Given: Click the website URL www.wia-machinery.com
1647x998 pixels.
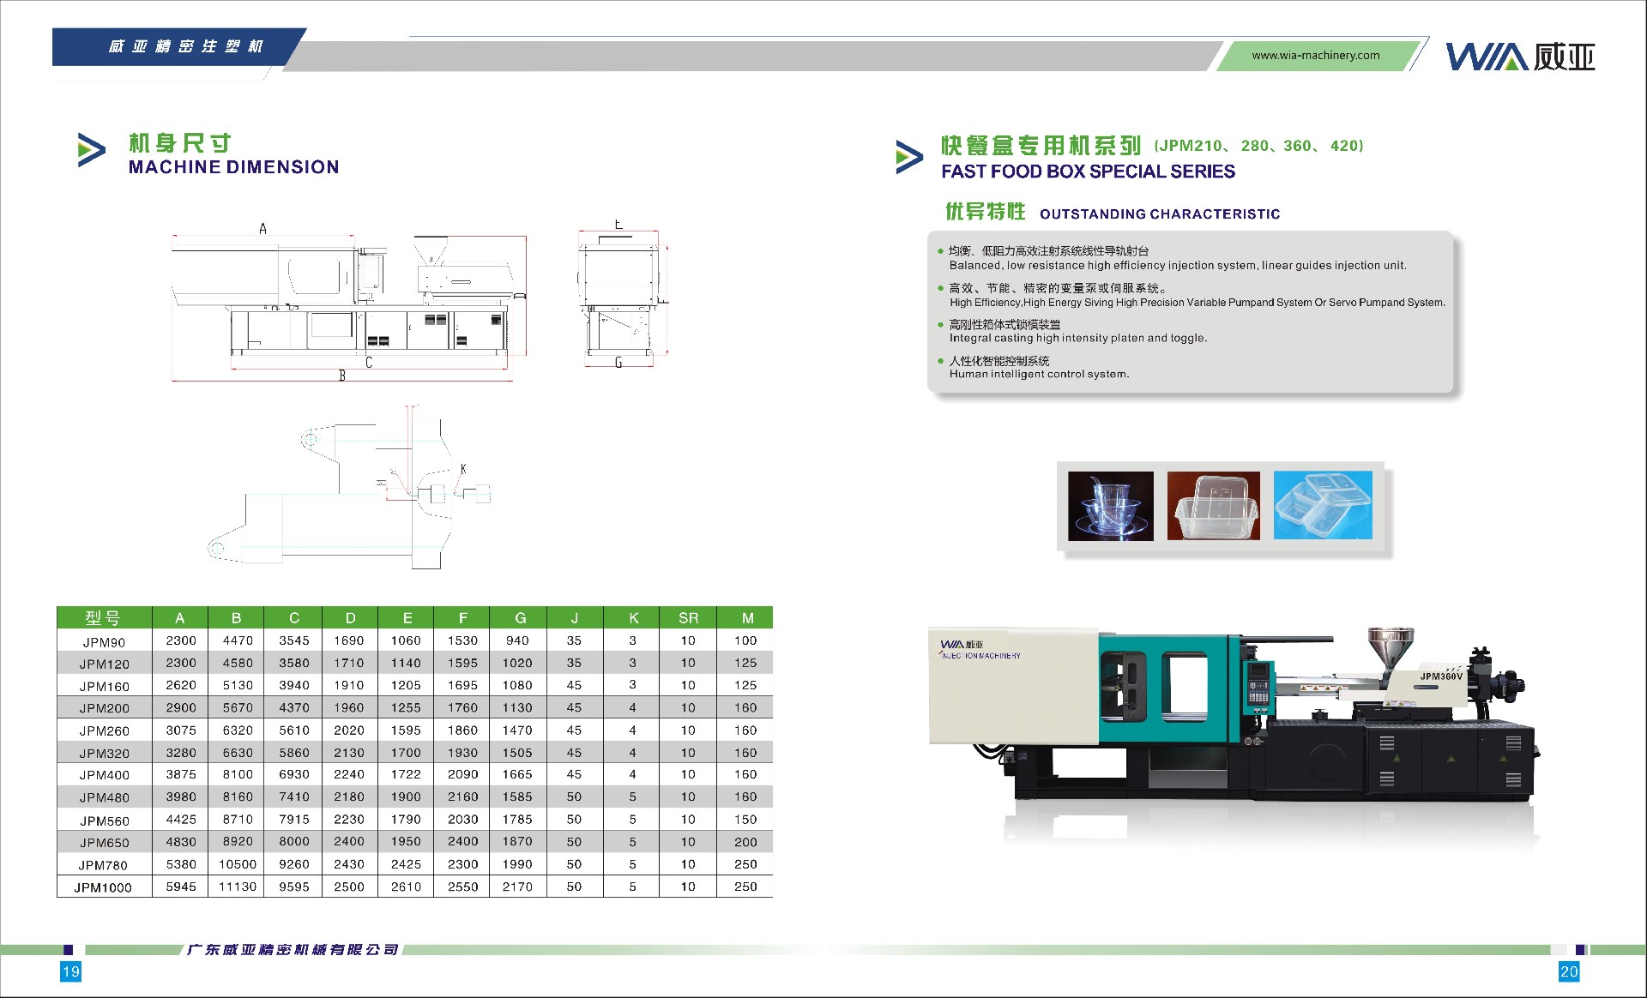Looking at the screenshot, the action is coord(1315,56).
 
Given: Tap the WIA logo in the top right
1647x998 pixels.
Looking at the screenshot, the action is coord(1520,57).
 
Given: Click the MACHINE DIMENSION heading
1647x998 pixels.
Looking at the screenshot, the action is coord(233,167).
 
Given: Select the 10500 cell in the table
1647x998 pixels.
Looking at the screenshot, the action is coord(238,864).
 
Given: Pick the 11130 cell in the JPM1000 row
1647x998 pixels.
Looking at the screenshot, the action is coord(238,887).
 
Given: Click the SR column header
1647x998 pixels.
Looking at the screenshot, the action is coord(688,618).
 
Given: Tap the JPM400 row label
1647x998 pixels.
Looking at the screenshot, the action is coord(105,775).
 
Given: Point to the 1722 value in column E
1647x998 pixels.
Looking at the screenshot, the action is coord(406,774).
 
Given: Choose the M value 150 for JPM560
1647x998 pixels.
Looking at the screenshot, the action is coord(745,819).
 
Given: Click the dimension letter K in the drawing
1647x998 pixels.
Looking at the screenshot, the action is coord(463,469).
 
